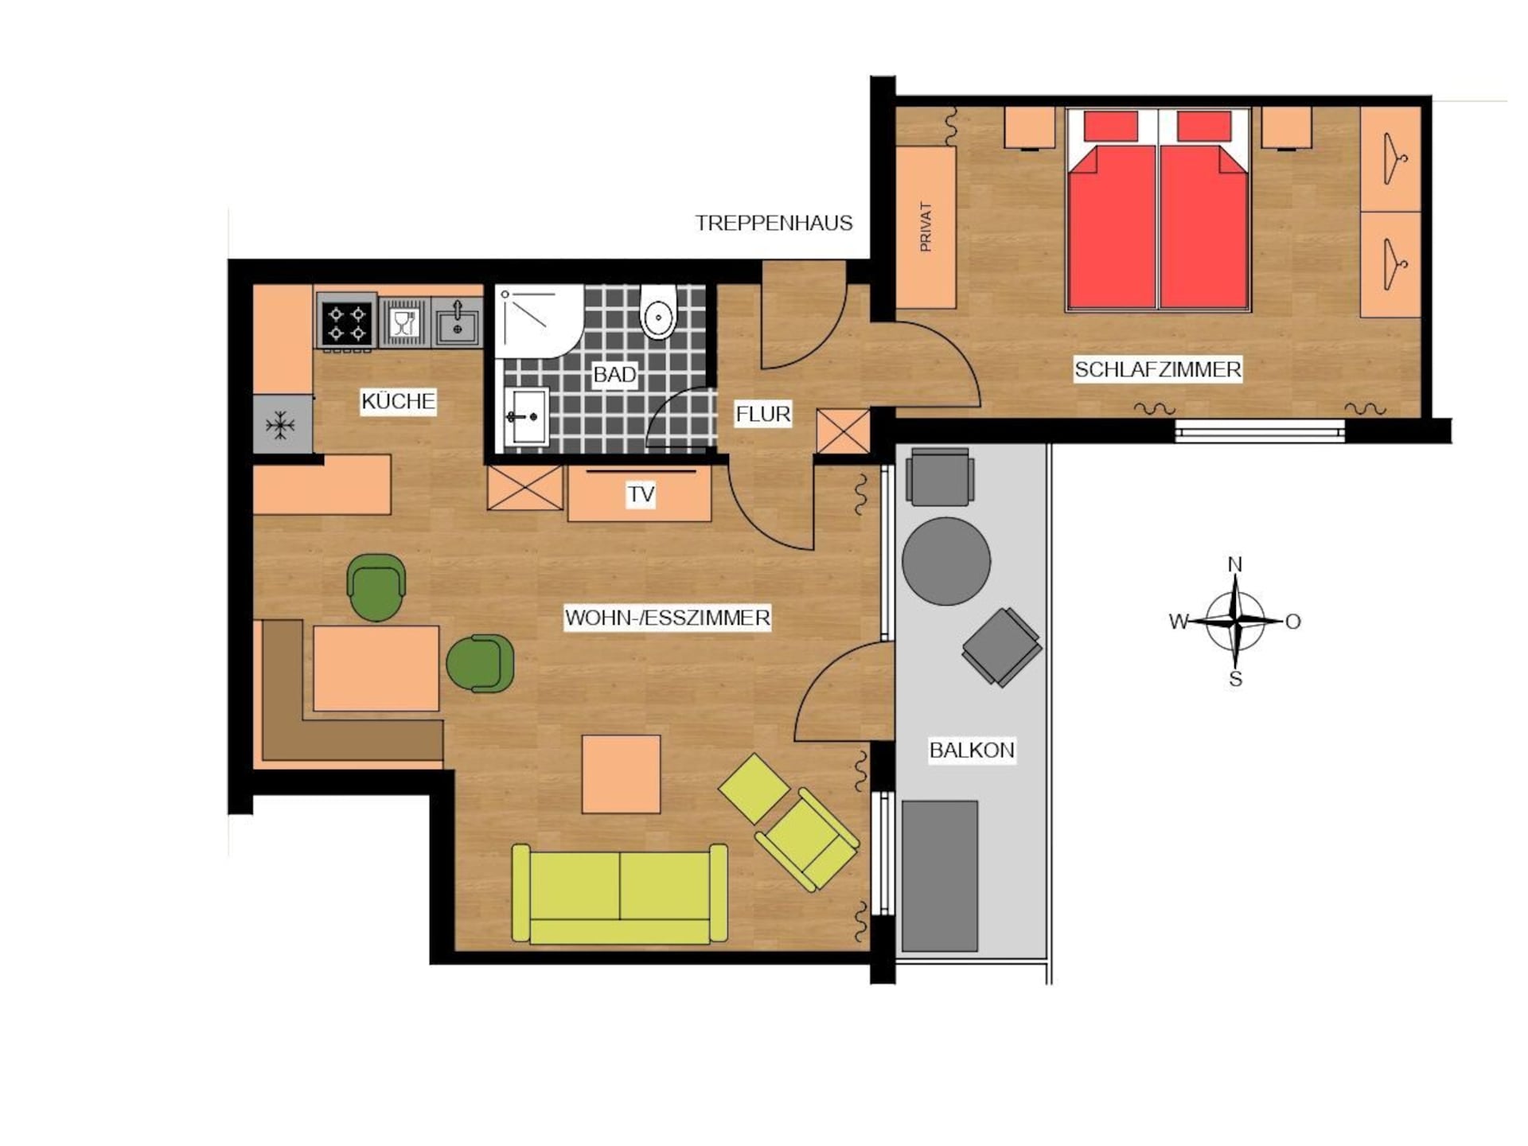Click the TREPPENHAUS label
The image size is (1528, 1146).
coord(774,223)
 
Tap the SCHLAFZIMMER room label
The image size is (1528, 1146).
coord(1157,369)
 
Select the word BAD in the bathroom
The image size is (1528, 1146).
coord(614,375)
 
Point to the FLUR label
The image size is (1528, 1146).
coord(762,414)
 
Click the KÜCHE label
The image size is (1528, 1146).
coord(398,400)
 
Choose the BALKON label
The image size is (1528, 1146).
coord(972,750)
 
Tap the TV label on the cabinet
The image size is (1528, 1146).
coord(641,494)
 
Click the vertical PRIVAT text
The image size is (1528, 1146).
coord(925,227)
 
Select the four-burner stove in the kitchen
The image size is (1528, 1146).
coord(347,322)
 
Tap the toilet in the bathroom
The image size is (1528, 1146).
coord(658,313)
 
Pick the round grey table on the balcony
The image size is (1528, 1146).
coord(946,561)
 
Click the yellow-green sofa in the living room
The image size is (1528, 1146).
coord(619,894)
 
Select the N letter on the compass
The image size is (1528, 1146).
coord(1235,564)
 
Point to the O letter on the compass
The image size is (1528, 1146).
coord(1292,622)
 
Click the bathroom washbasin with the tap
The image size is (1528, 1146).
coord(526,416)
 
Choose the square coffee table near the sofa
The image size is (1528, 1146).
coord(621,774)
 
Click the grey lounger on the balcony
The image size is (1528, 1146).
coord(940,875)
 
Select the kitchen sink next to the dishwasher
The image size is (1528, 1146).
coord(458,322)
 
